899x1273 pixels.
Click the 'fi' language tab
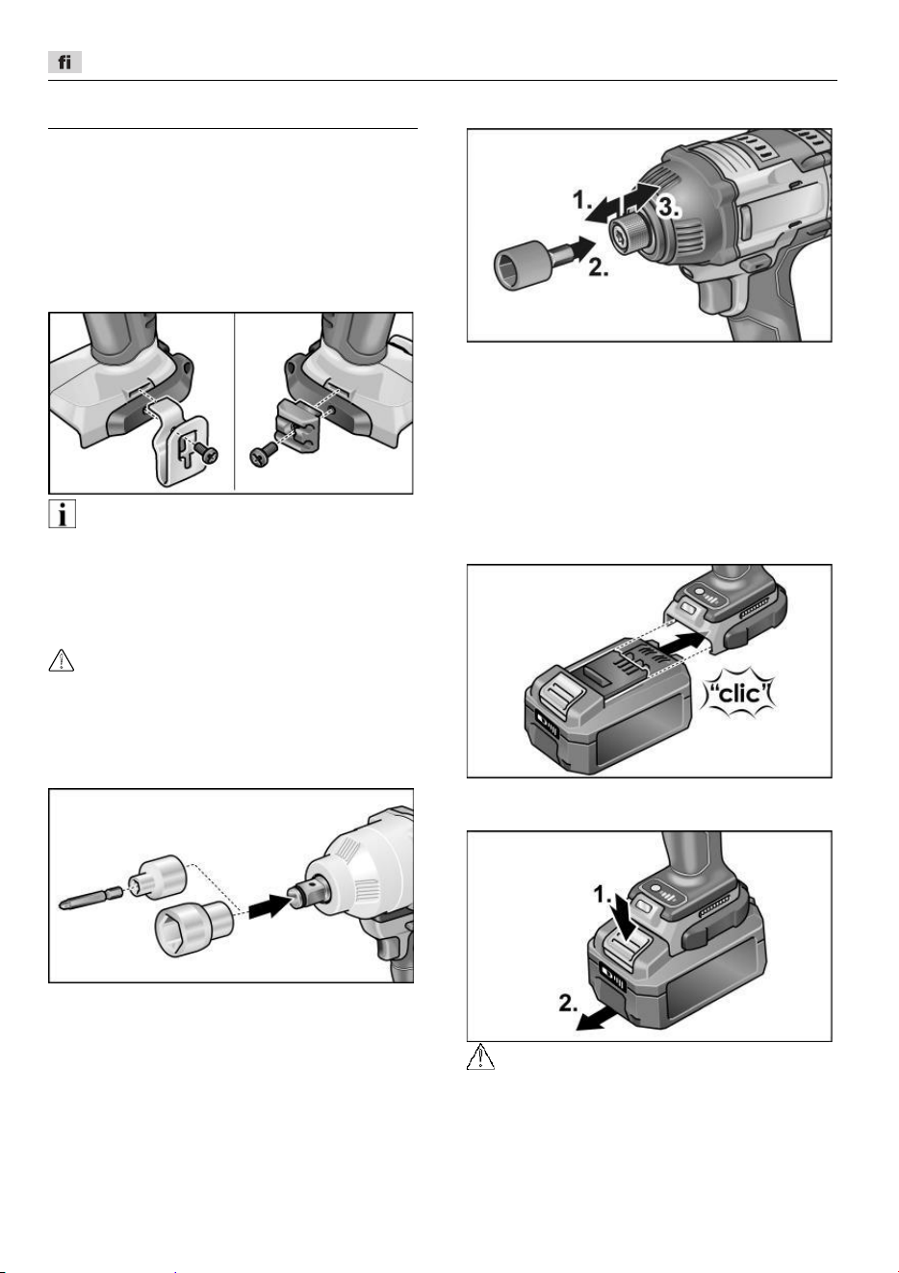64,62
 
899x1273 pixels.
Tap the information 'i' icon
62,515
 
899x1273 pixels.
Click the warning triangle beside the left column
62,660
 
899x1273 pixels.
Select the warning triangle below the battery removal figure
480,1057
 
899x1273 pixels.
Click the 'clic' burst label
740,695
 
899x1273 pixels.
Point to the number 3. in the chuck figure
669,208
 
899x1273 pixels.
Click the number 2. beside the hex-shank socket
598,267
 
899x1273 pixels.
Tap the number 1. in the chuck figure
582,200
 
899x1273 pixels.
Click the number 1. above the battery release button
604,895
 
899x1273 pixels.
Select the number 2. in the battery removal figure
568,1003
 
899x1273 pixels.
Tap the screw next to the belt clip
206,453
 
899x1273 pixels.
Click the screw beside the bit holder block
264,454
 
